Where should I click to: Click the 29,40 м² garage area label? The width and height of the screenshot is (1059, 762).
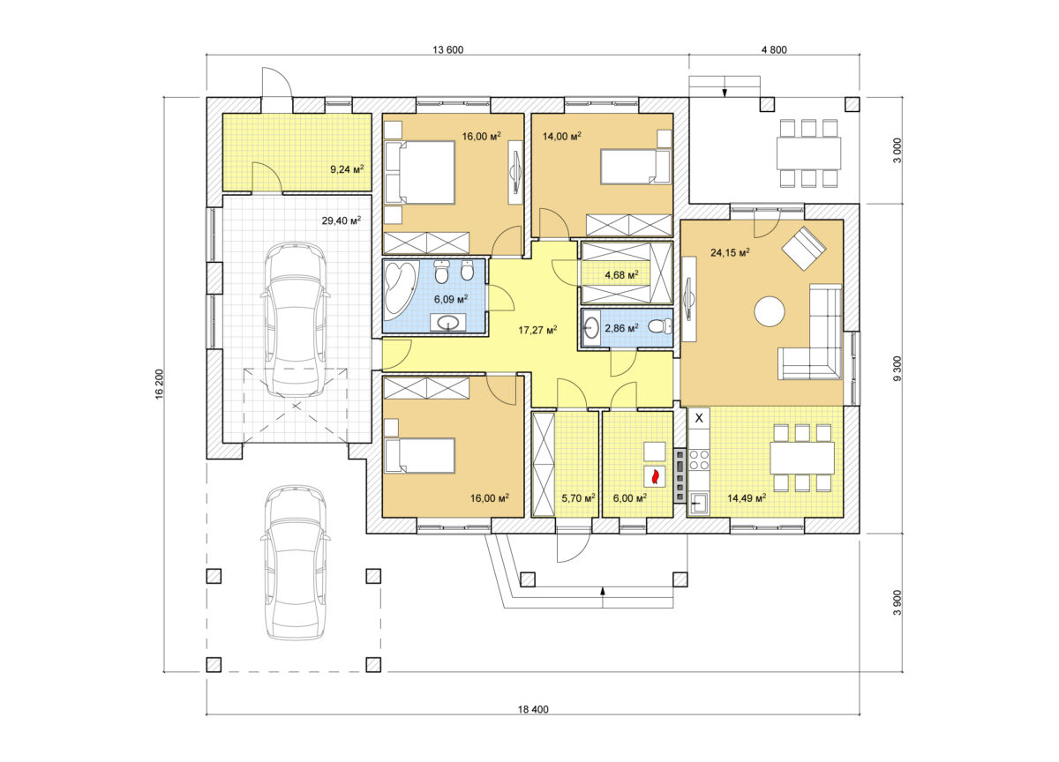[x=342, y=220]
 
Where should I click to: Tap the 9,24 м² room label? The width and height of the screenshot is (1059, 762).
[x=347, y=168]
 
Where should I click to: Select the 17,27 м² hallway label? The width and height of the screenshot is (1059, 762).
[x=537, y=329]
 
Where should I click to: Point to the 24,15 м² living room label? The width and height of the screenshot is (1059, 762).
[x=730, y=252]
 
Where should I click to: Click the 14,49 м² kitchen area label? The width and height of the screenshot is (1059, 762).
[x=747, y=497]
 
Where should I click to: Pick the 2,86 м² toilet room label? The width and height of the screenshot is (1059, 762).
[x=621, y=327]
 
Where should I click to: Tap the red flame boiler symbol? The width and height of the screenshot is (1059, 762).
[x=655, y=476]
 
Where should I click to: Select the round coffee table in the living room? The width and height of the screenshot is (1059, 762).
[x=770, y=310]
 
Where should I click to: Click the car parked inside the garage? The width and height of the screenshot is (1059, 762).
[x=295, y=320]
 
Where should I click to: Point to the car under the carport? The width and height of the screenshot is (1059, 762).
[x=295, y=562]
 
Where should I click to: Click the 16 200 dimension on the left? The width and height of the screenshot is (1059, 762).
[x=160, y=384]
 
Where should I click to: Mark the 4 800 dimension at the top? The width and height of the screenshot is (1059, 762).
[x=774, y=49]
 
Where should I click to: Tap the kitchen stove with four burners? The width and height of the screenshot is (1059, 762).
[x=699, y=459]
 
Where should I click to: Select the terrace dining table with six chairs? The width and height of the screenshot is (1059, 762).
[x=808, y=153]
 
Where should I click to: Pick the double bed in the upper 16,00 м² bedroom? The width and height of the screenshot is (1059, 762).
[x=420, y=173]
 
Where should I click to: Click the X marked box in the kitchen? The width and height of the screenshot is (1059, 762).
[x=699, y=418]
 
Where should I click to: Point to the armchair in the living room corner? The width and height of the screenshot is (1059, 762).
[x=804, y=248]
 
